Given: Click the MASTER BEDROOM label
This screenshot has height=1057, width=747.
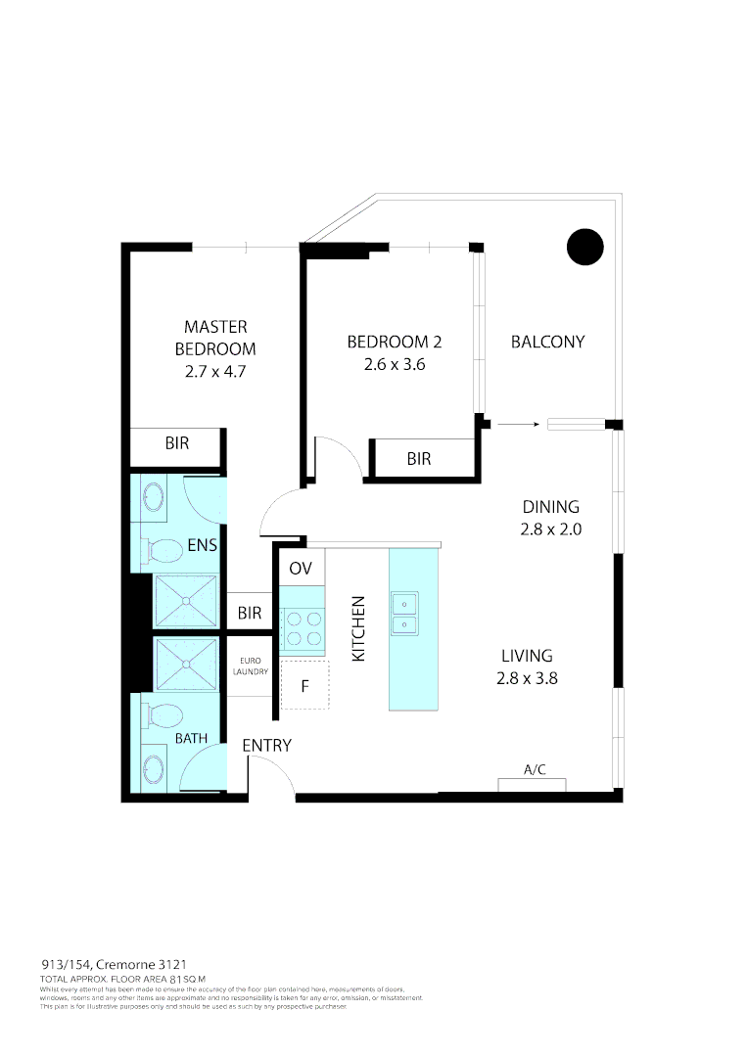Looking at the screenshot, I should click(x=215, y=338).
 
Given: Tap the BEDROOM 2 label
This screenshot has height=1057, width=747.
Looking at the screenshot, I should click(x=394, y=342).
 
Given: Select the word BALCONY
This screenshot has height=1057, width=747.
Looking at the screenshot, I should click(x=547, y=342).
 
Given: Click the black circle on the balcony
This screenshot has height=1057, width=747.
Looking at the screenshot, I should click(x=585, y=247).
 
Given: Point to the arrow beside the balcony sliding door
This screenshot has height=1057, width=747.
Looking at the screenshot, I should click(x=518, y=424).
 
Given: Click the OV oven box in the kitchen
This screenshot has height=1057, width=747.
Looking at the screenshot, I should click(x=300, y=569).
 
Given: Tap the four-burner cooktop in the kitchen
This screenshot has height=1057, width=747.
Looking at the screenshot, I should click(x=302, y=628).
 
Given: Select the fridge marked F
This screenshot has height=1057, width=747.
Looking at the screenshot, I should click(x=304, y=685).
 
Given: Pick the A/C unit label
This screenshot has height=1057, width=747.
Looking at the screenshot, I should click(x=534, y=770).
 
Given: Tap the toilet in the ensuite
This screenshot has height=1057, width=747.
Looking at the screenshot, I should click(x=162, y=550).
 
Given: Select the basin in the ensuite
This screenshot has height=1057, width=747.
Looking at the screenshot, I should click(x=155, y=497).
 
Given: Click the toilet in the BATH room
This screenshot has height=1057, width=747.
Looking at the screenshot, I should click(x=162, y=715).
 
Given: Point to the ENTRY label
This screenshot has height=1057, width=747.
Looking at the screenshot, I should click(x=266, y=746).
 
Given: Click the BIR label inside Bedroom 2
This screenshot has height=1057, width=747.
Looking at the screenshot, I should click(x=419, y=458).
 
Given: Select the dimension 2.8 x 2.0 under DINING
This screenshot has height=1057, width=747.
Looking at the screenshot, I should click(x=550, y=529).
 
